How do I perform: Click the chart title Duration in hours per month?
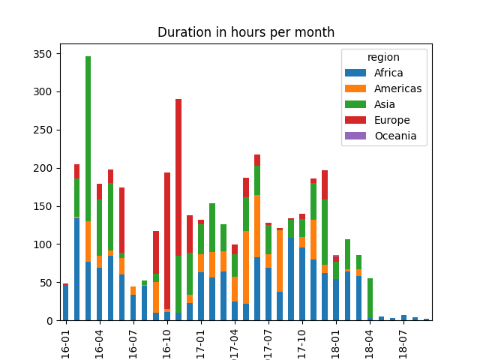(245, 33)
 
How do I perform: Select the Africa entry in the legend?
(388, 73)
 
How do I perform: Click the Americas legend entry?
(397, 89)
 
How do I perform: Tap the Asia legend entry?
(385, 105)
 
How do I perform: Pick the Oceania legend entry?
(394, 136)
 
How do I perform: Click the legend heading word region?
(383, 58)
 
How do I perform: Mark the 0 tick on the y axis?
(49, 321)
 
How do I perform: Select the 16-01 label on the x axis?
(65, 341)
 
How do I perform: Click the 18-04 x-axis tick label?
(369, 341)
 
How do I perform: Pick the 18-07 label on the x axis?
(403, 341)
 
